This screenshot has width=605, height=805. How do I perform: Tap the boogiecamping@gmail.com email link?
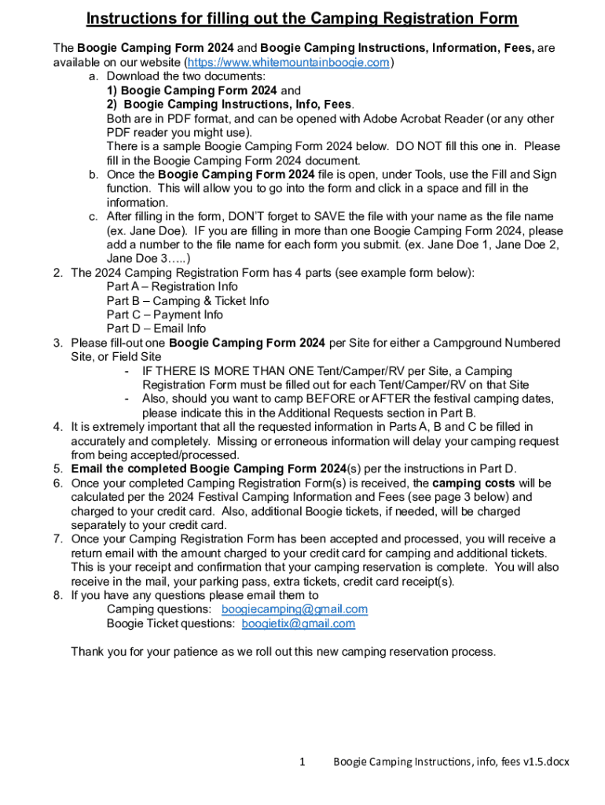(295, 609)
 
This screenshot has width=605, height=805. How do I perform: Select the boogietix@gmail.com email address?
(298, 623)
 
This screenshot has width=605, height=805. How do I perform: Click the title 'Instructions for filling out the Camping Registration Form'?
(302, 19)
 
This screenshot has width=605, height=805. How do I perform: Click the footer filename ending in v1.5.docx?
(451, 761)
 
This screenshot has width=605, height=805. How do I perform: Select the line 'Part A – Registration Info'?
(172, 287)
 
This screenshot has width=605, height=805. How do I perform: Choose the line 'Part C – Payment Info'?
(165, 314)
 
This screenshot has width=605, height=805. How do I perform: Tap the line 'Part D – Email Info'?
(156, 329)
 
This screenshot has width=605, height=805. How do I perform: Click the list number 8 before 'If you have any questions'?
(58, 595)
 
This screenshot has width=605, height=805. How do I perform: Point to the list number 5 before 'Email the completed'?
(58, 469)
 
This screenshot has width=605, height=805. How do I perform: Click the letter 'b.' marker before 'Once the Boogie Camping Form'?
(93, 175)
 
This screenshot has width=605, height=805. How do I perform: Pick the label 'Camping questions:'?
(159, 609)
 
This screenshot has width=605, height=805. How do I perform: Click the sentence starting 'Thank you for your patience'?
(284, 652)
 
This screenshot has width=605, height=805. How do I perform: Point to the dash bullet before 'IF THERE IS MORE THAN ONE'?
(127, 371)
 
